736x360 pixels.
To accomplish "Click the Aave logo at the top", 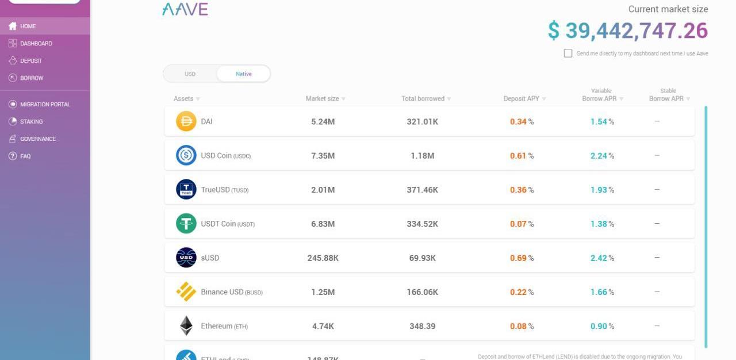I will coord(185,9).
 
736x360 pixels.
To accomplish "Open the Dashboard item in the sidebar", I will coord(36,44).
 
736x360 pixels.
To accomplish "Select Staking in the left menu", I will coord(31,122).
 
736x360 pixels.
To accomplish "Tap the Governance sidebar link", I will coord(37,139).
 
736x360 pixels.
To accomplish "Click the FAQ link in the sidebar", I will coord(25,156).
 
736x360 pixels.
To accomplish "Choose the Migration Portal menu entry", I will coord(45,105).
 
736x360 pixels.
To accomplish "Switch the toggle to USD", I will coord(190,74).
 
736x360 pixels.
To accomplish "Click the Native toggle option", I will coord(243,74).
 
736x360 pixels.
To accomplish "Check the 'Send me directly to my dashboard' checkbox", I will coord(568,53).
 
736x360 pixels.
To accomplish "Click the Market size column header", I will coord(323,99).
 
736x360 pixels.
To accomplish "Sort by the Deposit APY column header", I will coord(522,99).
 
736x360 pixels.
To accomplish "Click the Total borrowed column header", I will coord(423,99).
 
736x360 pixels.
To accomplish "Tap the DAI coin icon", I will coord(186,121).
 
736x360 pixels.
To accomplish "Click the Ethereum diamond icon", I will coord(186,326).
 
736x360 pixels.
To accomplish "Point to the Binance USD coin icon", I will coord(186,292).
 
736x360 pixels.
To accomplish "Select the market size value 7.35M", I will coord(323,156).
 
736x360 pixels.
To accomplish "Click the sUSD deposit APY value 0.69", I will coord(518,258).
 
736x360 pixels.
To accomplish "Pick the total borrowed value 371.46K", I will coord(422,190).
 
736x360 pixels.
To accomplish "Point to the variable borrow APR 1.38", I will coord(599,224).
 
